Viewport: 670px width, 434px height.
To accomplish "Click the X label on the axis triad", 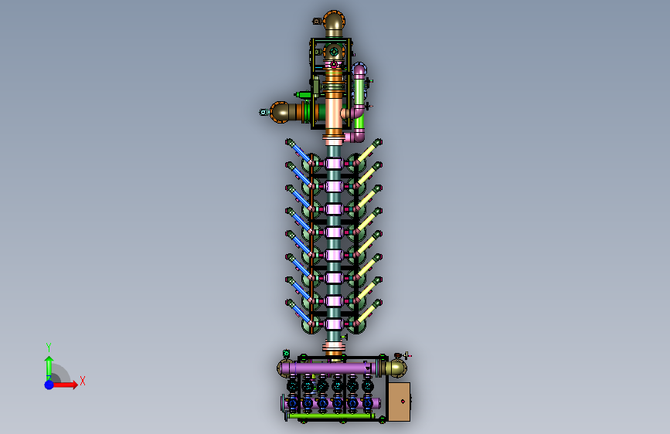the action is click(83, 381).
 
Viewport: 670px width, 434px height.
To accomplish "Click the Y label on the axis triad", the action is click(49, 347).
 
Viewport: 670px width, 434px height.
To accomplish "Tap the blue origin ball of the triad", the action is click(49, 385).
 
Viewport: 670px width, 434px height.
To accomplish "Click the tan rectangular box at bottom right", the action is click(399, 402).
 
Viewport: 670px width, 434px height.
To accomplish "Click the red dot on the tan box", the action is click(403, 402).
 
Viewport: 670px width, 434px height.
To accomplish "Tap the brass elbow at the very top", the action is click(334, 23).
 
